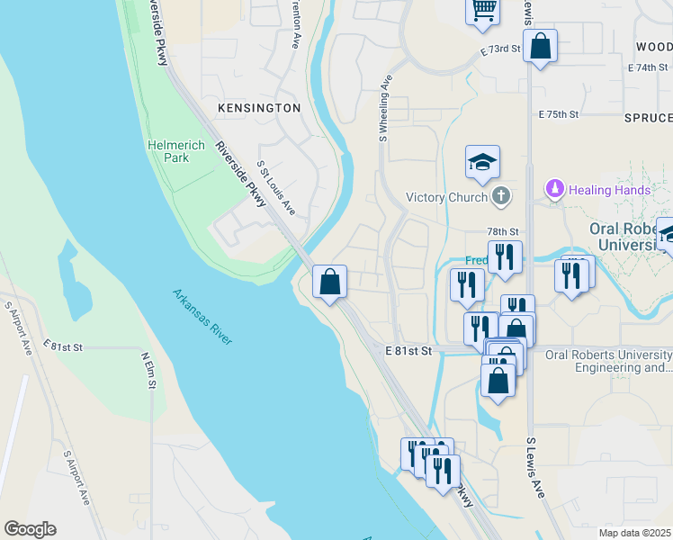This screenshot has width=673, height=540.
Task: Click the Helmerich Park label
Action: pyautogui.click(x=168, y=151)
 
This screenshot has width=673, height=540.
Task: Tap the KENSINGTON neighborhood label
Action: pyautogui.click(x=259, y=108)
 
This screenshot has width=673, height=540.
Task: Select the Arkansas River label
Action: pyautogui.click(x=202, y=316)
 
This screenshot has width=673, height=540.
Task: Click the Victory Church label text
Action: pyautogui.click(x=446, y=197)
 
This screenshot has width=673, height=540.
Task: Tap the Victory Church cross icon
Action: pyautogui.click(x=502, y=196)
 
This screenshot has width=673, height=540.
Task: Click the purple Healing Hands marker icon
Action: pyautogui.click(x=554, y=190)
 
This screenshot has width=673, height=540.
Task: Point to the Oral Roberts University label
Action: pyautogui.click(x=630, y=236)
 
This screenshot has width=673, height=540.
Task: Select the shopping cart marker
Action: pyautogui.click(x=483, y=10)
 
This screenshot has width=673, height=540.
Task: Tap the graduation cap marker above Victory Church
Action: pyautogui.click(x=482, y=162)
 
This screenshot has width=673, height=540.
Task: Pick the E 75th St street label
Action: pyautogui.click(x=557, y=115)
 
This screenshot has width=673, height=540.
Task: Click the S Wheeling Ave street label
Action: pyautogui.click(x=383, y=107)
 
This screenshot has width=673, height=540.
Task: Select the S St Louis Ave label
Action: pyautogui.click(x=276, y=187)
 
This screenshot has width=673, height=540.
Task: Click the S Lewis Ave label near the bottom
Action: pyautogui.click(x=536, y=467)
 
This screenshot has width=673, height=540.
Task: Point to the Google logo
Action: pyautogui.click(x=30, y=529)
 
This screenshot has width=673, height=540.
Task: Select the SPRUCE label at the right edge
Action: pyautogui.click(x=648, y=118)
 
